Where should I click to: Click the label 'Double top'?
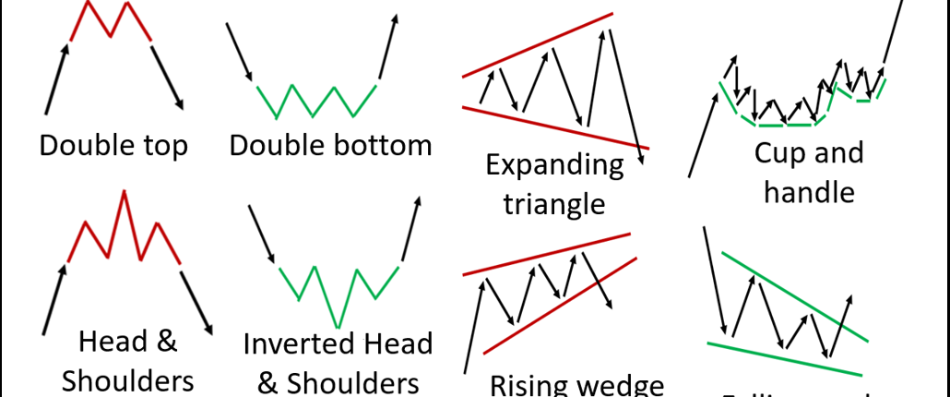click(x=113, y=144)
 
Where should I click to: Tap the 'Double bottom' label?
click(x=330, y=144)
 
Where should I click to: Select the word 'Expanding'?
click(x=554, y=166)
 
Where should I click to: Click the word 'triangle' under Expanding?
click(x=554, y=202)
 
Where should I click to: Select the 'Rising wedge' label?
click(x=576, y=383)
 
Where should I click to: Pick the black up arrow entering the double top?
click(x=57, y=78)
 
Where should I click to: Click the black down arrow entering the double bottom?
click(x=240, y=52)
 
